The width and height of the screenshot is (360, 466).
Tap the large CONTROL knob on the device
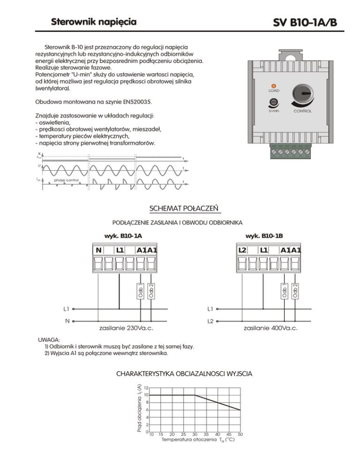click(302, 95)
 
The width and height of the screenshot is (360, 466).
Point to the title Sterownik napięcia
click(94, 22)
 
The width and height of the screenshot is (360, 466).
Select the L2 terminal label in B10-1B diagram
click(242, 250)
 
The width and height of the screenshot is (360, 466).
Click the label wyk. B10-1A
click(123, 236)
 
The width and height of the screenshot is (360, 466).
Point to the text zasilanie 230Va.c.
click(127, 328)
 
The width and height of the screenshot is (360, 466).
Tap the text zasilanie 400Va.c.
click(270, 328)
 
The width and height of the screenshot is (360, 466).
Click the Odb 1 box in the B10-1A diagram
click(140, 291)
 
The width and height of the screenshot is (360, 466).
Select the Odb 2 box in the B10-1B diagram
click(295, 291)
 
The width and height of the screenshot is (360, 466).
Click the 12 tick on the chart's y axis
click(147, 388)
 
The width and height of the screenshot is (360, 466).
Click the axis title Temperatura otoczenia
click(189, 441)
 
